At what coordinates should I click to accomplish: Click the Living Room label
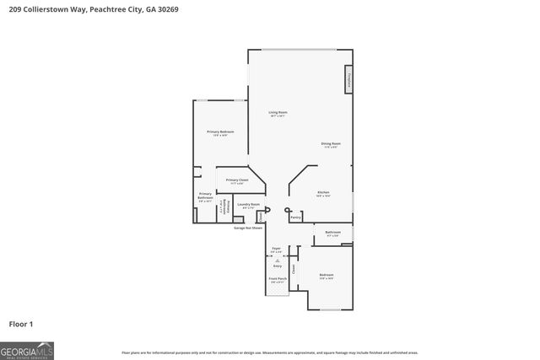coord(278,114)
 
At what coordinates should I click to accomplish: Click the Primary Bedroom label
coord(220,133)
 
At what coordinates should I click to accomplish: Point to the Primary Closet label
coord(237,181)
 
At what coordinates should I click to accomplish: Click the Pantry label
coord(295,218)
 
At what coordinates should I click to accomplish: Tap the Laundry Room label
coord(247,205)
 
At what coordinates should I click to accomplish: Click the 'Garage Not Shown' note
coord(248,227)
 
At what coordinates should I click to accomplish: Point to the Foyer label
coord(276,250)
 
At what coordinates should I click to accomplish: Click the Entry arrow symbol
coord(276,261)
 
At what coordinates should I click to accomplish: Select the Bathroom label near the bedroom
coord(332,234)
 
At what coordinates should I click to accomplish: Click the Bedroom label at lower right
coord(327,276)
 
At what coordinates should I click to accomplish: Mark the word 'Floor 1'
coord(20,324)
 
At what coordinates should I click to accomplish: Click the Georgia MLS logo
coord(27,349)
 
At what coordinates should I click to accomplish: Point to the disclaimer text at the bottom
coord(269,352)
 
